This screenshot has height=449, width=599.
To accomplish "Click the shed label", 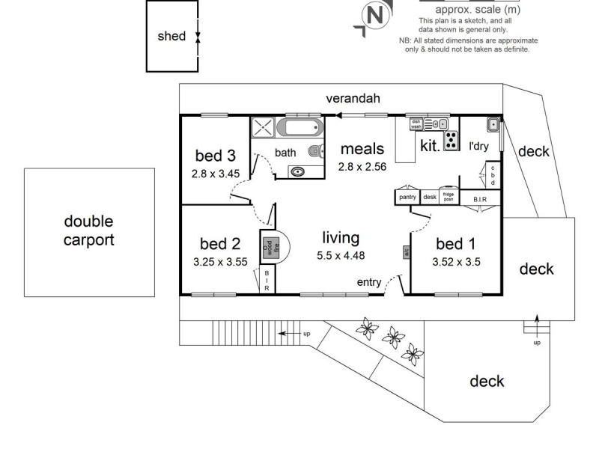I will click(171, 36).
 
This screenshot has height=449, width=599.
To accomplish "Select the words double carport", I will click(88, 230).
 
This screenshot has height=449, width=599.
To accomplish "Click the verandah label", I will click(353, 99).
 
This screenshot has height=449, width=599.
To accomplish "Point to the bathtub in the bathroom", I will click(299, 128).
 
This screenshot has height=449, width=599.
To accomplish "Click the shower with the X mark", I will click(263, 128).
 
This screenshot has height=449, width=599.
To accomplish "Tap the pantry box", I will click(407, 197).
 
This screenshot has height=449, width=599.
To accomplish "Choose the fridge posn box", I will click(449, 197).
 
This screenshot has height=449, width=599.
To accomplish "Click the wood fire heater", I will click(268, 247).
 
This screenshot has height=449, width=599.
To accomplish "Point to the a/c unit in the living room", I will click(407, 252).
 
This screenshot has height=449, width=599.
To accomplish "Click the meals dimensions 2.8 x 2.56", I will click(362, 167).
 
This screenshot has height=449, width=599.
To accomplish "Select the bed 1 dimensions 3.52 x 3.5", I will click(456, 262).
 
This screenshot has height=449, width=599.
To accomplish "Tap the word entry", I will click(368, 282).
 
